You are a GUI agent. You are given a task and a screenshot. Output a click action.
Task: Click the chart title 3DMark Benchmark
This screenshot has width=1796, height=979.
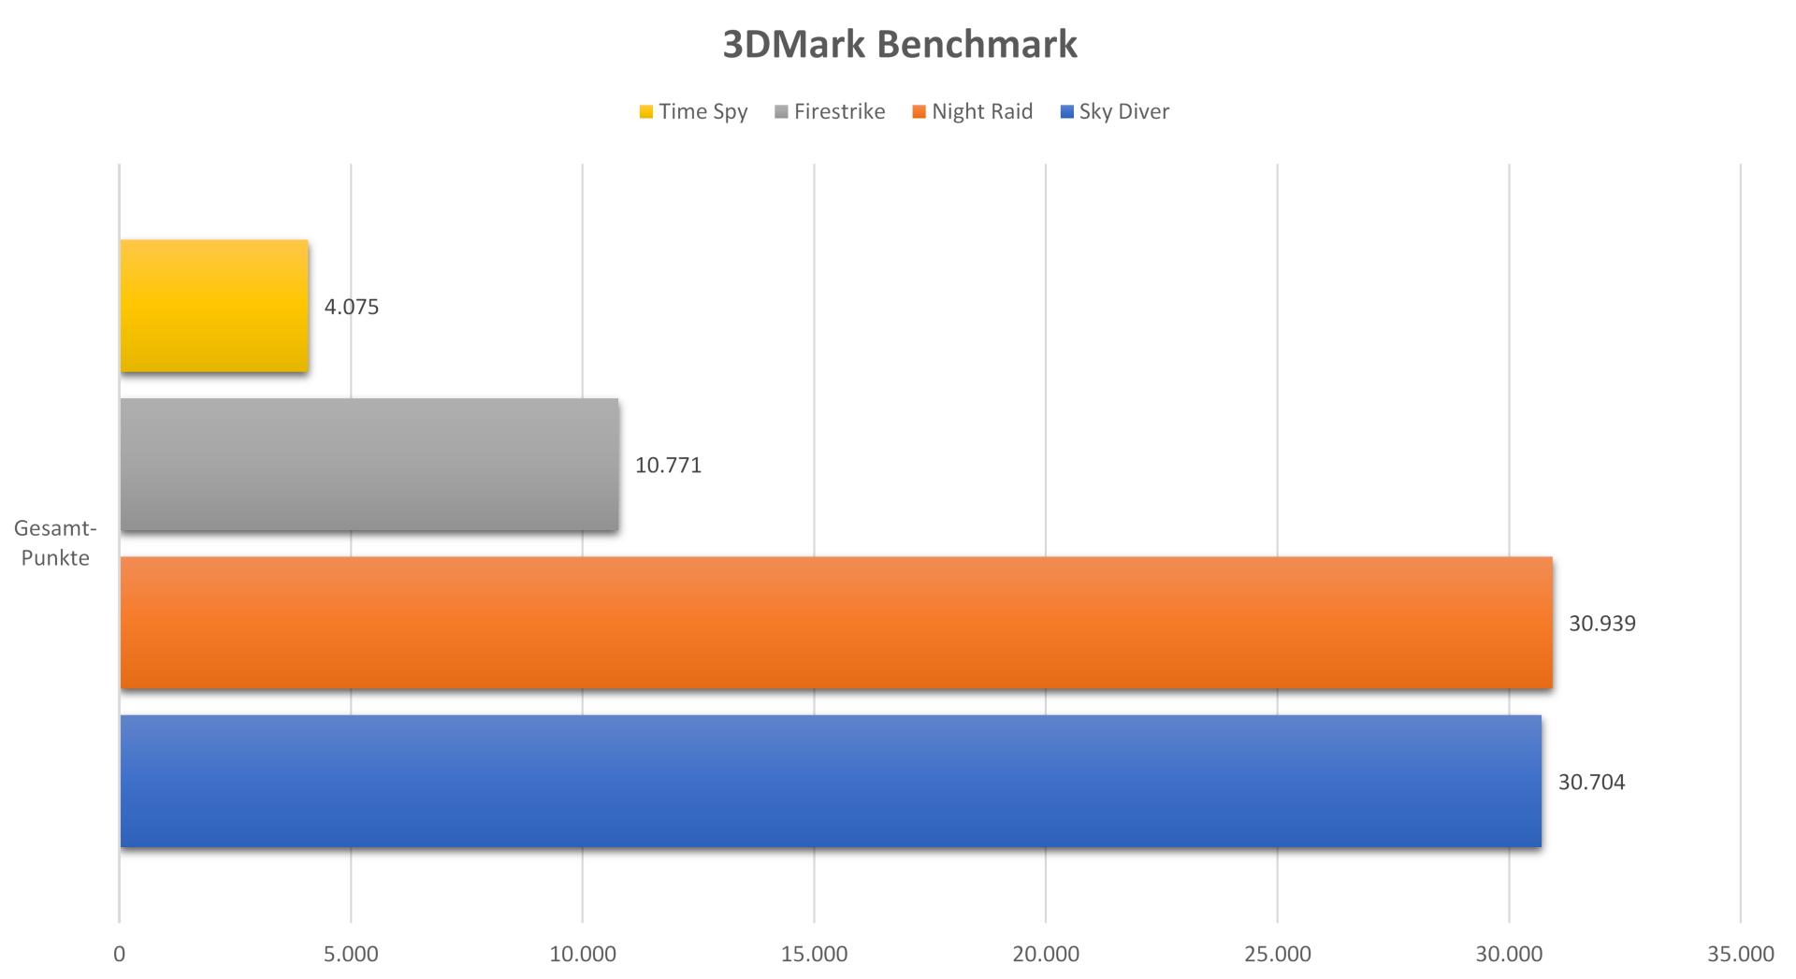click(x=900, y=44)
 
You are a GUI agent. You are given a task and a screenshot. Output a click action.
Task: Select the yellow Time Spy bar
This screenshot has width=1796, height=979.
click(x=214, y=306)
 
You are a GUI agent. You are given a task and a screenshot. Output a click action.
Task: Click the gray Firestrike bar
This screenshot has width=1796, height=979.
click(x=369, y=465)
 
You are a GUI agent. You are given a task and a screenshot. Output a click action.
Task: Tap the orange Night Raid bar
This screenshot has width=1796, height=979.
click(x=836, y=623)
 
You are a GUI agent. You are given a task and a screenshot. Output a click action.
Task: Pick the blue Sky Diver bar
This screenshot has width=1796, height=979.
click(x=831, y=782)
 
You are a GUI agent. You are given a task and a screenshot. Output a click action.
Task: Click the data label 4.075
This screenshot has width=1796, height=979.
click(x=352, y=307)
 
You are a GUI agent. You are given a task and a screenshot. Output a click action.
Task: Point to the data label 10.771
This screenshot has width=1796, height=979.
click(x=668, y=465)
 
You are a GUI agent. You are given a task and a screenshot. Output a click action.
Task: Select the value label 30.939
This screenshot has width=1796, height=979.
click(x=1602, y=624)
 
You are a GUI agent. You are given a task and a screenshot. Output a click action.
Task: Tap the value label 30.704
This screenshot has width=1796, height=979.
click(x=1591, y=782)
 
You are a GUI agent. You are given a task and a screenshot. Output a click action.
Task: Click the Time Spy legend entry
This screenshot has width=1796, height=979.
click(x=694, y=112)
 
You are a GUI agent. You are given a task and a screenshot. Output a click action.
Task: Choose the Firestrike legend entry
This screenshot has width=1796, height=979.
click(x=831, y=112)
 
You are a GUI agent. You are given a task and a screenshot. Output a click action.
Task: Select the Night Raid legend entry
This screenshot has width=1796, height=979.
click(x=973, y=112)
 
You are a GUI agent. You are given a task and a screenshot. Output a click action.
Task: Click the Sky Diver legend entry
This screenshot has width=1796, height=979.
click(x=1115, y=112)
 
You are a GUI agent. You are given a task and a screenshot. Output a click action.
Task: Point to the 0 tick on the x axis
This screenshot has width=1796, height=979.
click(x=119, y=954)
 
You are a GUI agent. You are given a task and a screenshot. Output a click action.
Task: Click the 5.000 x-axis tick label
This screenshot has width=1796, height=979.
click(x=351, y=954)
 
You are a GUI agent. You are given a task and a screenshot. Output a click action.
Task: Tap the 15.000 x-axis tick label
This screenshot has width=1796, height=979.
click(x=814, y=954)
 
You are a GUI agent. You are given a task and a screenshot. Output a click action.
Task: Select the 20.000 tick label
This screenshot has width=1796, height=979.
click(x=1046, y=954)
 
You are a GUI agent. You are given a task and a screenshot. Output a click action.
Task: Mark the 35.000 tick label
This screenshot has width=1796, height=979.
click(x=1741, y=954)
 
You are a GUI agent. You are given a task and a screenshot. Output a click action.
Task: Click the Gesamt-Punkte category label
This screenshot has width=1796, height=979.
click(x=55, y=543)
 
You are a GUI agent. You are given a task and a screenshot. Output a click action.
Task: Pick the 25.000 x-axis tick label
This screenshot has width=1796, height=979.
click(x=1278, y=954)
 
